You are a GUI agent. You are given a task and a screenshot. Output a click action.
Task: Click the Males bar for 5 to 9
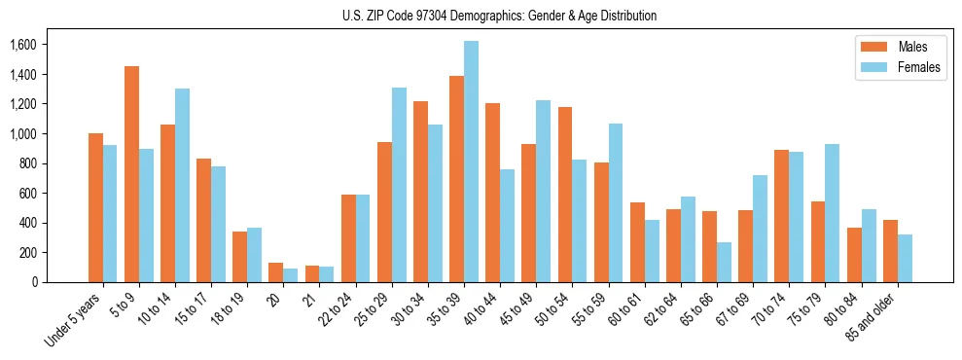pyautogui.click(x=131, y=174)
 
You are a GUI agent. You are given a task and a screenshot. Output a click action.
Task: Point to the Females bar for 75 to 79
pyautogui.click(x=832, y=213)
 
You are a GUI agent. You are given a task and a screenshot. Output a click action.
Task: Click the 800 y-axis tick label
pyautogui.click(x=28, y=163)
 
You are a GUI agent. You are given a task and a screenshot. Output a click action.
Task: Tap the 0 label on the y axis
pyautogui.click(x=34, y=282)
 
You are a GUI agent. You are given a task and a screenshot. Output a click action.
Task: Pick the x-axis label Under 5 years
pyautogui.click(x=73, y=320)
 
